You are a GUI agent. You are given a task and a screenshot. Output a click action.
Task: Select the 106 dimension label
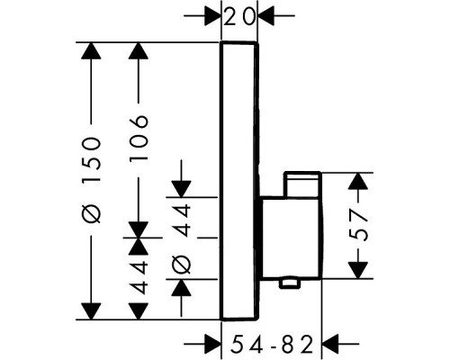point(139,139)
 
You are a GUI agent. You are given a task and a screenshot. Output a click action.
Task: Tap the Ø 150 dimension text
point(92,181)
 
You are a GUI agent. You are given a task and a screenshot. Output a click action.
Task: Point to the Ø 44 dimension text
point(182,238)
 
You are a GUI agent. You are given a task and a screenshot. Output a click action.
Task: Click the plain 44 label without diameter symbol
point(139,277)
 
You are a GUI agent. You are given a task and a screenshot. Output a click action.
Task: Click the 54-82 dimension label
point(272,344)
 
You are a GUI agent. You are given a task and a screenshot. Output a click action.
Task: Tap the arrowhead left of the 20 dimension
point(212,15)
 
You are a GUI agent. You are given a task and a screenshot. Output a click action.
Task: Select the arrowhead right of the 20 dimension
point(266,15)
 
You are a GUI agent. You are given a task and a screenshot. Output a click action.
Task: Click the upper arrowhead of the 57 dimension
point(358,181)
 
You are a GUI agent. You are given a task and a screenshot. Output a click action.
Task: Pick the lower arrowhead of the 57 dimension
point(358,270)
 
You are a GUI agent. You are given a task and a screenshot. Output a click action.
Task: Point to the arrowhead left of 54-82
point(212,344)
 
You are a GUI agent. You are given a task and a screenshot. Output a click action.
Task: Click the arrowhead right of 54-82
point(330,344)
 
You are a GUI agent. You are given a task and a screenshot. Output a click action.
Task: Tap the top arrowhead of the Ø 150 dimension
point(91,51)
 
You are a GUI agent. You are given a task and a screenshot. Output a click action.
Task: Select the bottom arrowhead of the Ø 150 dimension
point(91,311)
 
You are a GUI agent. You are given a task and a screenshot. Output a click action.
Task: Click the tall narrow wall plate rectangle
point(239,181)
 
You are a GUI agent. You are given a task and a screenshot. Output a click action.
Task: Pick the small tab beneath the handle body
point(290,283)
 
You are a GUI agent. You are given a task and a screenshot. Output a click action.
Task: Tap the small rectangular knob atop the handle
point(302,184)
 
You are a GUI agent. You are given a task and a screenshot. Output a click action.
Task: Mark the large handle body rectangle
point(292,238)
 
